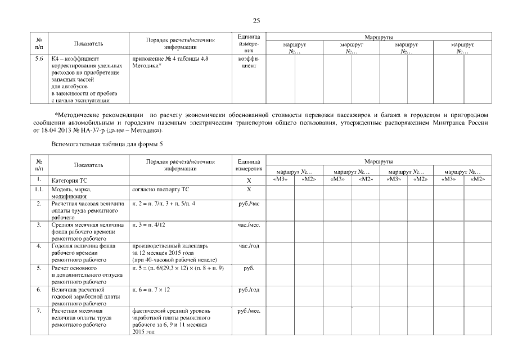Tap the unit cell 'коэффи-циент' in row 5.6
pos(248,62)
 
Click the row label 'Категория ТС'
pos(69,181)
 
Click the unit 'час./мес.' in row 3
pos(248,225)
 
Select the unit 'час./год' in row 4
pos(249,246)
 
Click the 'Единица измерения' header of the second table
pos(248,165)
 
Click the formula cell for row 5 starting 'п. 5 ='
pos(178,268)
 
